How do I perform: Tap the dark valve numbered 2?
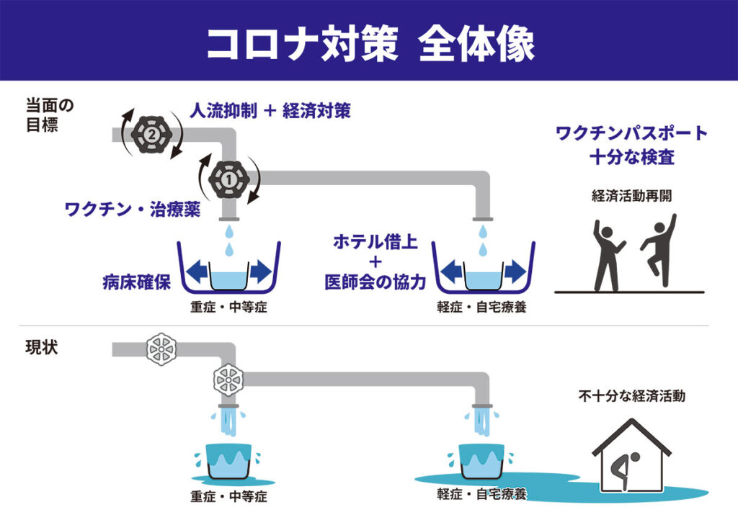coord(151,135)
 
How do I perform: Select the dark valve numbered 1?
coord(229,179)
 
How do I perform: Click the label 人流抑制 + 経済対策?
coord(270,111)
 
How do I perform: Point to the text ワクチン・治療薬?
coord(133,209)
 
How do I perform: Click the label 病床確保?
coord(136,282)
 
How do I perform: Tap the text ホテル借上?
coord(375,242)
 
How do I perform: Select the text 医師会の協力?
coord(375,282)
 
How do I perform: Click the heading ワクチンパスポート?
coord(631,133)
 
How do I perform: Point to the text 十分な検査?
coord(631,156)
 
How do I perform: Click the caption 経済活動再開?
coord(631,195)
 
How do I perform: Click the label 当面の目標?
coord(50,115)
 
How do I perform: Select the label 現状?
coord(41,347)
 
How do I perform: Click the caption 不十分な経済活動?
coord(631,396)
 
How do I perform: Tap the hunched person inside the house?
coord(623,470)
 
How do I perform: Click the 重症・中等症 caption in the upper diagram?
coord(228,307)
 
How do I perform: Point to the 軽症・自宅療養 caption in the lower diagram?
coord(481,494)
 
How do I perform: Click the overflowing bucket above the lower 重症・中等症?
coord(228,461)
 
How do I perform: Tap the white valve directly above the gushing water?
coord(228,379)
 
